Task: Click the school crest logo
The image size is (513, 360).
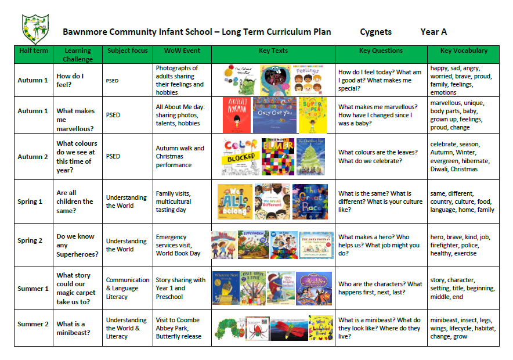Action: click(x=35, y=29)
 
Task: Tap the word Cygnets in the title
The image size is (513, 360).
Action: click(x=375, y=32)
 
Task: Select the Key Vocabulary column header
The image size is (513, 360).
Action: click(x=463, y=51)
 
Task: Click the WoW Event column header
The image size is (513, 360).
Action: click(x=182, y=51)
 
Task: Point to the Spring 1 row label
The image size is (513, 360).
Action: click(x=33, y=201)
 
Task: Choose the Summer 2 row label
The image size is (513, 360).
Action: click(x=33, y=324)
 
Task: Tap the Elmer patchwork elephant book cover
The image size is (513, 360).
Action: click(x=275, y=156)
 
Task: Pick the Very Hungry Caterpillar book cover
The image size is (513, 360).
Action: click(x=229, y=328)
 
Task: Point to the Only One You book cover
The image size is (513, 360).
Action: click(x=274, y=115)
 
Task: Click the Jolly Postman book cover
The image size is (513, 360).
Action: click(x=317, y=245)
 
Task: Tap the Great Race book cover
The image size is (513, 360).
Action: click(x=310, y=201)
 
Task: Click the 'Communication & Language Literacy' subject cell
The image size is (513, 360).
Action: click(x=127, y=288)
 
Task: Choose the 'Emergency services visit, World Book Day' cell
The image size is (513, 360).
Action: click(x=182, y=245)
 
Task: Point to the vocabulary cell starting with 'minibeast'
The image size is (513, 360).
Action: click(x=463, y=328)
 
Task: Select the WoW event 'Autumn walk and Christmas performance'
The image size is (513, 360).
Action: click(x=182, y=156)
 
